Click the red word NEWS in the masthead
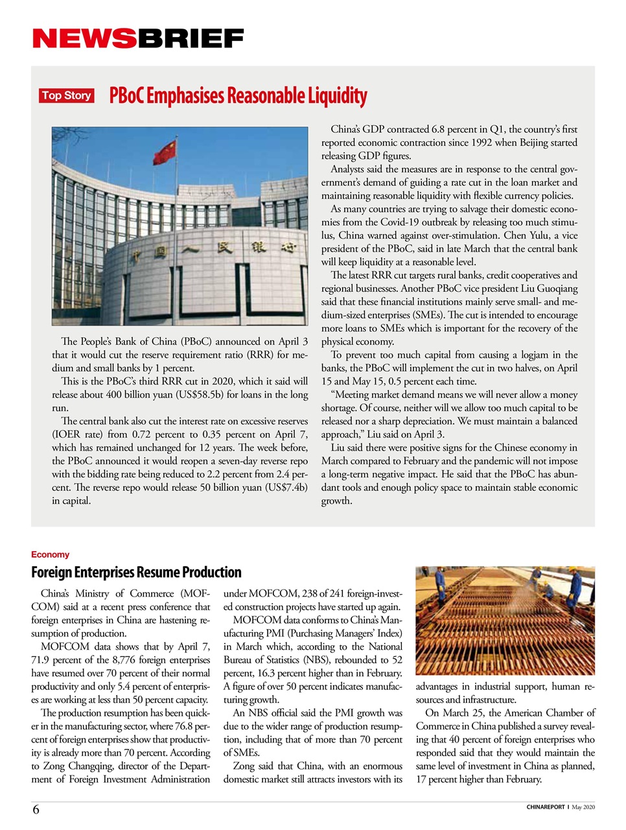84,39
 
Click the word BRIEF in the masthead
190,39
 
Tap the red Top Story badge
66,96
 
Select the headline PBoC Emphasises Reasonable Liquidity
238,96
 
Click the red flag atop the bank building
165,152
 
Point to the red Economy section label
50,554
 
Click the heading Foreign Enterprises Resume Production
136,572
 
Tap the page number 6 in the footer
36,809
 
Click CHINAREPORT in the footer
545,807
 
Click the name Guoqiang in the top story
555,289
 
